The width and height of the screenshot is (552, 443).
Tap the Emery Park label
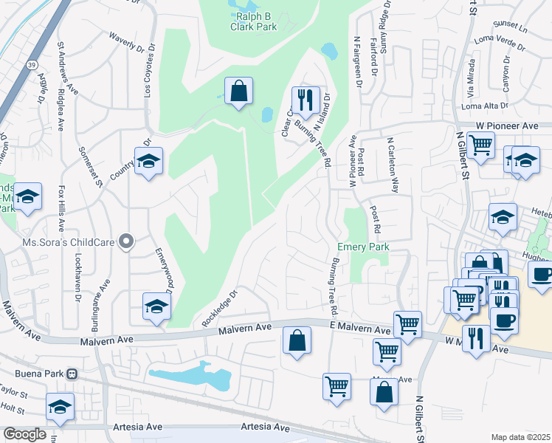(x=362, y=247)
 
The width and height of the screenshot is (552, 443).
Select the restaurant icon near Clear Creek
(x=304, y=100)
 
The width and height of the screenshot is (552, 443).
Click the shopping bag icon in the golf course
(x=239, y=92)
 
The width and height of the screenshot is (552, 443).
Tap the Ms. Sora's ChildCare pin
(x=127, y=241)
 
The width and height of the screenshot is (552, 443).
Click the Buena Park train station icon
(x=72, y=374)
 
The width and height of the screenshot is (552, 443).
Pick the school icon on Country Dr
(x=148, y=162)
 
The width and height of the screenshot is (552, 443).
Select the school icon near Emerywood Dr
(x=156, y=306)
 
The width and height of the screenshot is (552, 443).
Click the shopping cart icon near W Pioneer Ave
(x=480, y=145)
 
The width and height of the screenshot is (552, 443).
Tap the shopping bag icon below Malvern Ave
(x=297, y=341)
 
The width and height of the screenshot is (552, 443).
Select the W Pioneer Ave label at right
(x=507, y=126)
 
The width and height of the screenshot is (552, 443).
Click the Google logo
(x=24, y=434)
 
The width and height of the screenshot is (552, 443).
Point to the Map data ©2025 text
(x=520, y=437)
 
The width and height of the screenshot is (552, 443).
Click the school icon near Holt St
(x=61, y=406)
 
